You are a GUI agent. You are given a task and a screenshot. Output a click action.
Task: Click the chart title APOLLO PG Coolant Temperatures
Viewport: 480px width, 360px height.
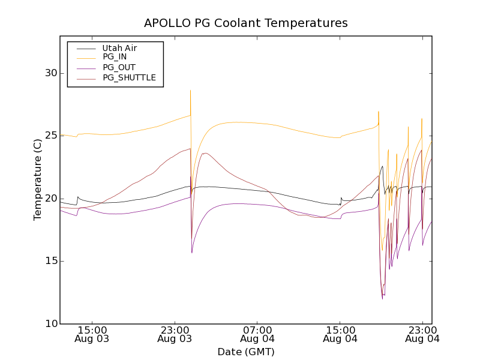click(x=246, y=23)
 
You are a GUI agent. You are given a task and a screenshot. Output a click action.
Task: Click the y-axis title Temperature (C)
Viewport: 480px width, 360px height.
click(x=38, y=179)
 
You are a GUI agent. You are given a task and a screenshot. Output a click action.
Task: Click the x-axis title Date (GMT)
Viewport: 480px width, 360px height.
click(x=246, y=352)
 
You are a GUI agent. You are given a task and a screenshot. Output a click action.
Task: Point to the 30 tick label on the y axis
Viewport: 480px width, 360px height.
click(x=50, y=73)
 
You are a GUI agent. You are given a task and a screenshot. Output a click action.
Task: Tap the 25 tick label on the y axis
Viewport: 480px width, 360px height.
click(x=50, y=136)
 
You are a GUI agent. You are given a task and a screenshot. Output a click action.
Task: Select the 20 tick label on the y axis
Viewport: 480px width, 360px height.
click(x=50, y=198)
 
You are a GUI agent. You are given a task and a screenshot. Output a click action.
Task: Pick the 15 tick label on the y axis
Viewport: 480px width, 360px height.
click(x=50, y=261)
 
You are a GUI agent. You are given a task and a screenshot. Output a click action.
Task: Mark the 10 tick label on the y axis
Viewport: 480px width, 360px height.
click(x=50, y=323)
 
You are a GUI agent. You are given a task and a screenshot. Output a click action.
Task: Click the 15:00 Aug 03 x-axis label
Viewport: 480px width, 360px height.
click(x=92, y=334)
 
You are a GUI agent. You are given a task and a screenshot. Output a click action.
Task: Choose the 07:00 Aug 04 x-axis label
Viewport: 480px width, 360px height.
click(x=257, y=334)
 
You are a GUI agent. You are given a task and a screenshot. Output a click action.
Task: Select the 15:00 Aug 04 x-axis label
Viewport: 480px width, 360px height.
click(x=340, y=334)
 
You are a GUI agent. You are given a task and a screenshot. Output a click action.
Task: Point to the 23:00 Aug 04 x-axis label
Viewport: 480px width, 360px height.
click(x=422, y=334)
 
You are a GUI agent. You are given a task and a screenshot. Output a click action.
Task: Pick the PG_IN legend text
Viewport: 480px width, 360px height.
click(x=115, y=57)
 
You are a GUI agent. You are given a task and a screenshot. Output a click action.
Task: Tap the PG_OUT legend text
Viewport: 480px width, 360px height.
click(x=119, y=67)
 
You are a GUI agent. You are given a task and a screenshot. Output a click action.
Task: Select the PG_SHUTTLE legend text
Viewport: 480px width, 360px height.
click(x=129, y=77)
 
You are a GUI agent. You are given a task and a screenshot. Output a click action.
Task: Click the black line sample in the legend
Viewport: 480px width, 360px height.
click(x=84, y=48)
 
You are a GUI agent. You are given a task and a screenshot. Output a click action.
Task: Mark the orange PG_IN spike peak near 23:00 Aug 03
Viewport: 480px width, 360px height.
click(x=191, y=91)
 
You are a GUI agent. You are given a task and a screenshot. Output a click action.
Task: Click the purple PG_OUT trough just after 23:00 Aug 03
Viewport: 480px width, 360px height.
click(x=192, y=252)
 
